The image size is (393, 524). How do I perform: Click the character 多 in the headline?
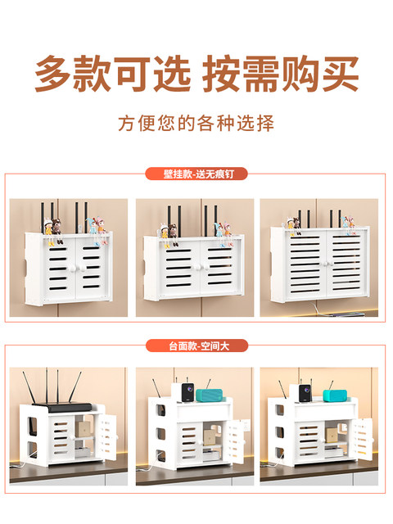pos(55,74)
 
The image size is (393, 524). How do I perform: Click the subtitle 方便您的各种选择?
pos(196,124)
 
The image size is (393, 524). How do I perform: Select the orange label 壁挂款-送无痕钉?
pos(196,174)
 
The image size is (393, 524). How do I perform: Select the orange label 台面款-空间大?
pos(196,346)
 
